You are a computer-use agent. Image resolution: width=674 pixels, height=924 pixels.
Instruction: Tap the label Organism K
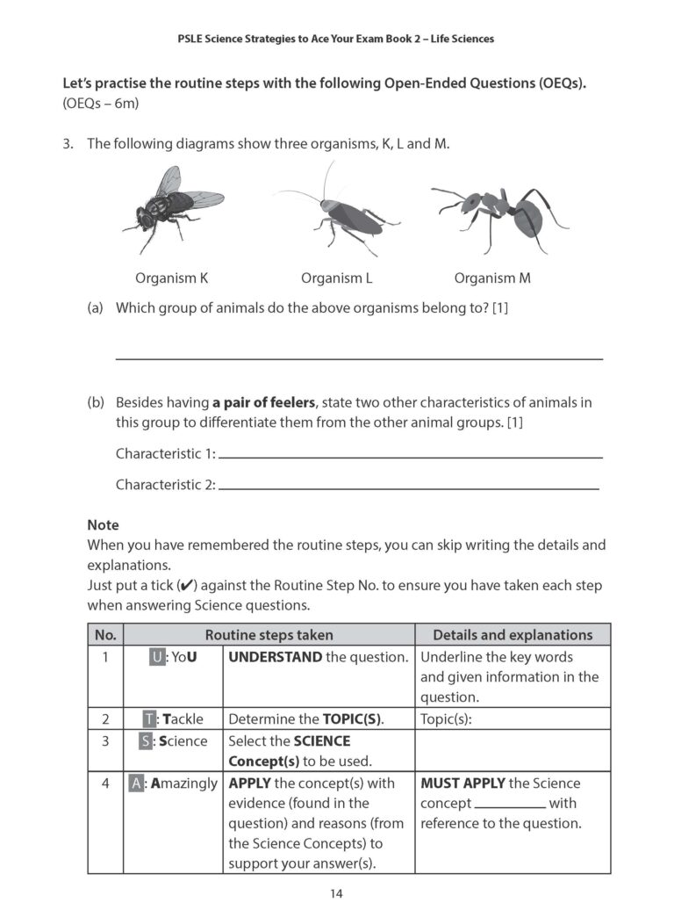(x=171, y=278)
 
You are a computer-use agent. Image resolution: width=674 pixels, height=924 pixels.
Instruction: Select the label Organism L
(x=336, y=278)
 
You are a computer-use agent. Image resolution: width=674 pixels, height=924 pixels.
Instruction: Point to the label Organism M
(x=491, y=278)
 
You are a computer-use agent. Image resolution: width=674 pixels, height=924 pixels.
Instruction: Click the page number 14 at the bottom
(x=337, y=893)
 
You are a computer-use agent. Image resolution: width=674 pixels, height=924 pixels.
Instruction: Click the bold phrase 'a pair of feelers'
(x=262, y=402)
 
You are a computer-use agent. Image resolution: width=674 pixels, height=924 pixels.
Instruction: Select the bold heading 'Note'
(x=103, y=524)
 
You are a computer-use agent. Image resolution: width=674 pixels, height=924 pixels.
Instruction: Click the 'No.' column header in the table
(x=104, y=634)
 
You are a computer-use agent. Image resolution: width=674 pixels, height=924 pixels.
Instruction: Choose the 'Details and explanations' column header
(x=513, y=634)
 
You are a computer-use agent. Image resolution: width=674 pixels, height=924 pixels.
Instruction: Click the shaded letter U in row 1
(x=157, y=657)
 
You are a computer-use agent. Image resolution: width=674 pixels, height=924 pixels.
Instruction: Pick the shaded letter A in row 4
(x=136, y=783)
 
